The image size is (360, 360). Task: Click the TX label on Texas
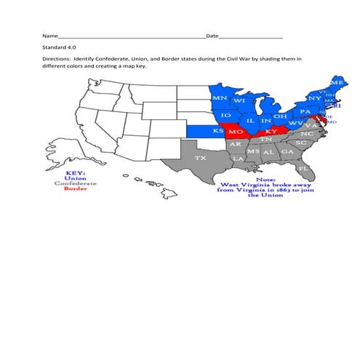[x=200, y=157]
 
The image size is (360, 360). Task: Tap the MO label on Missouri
[x=236, y=132]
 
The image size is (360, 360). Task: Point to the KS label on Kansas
[x=218, y=130]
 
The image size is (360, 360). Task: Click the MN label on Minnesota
[x=220, y=97]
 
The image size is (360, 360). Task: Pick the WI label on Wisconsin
[x=239, y=100]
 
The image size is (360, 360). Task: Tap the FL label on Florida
[x=303, y=168]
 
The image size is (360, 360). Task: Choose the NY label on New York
[x=314, y=98]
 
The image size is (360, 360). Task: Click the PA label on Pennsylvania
[x=305, y=112]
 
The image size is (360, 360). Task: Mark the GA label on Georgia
[x=287, y=151]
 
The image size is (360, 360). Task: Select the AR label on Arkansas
[x=236, y=144]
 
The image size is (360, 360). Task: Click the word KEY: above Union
[x=76, y=172]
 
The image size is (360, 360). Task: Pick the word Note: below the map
[x=266, y=178]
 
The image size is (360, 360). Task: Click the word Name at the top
[x=49, y=36]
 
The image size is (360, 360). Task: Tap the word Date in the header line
[x=212, y=36]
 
